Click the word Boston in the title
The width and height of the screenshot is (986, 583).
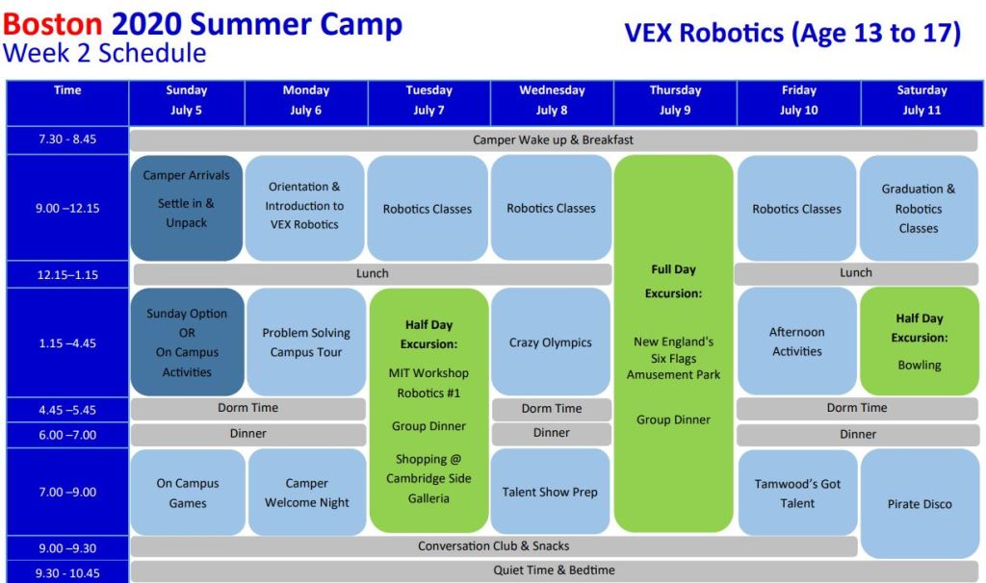coord(53,24)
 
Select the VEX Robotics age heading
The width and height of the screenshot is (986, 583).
coord(792,33)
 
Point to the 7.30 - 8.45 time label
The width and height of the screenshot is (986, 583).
coord(67,139)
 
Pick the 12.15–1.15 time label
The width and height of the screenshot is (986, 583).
coord(67,274)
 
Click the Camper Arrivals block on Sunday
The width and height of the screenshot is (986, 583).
coord(186,208)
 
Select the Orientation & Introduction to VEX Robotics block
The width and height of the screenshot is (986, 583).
coord(304,208)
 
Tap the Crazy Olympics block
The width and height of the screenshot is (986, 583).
coord(550,342)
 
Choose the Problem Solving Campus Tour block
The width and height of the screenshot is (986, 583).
coord(306,342)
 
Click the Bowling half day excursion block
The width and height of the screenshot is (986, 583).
coord(920,342)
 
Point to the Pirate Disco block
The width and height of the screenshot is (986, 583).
coord(920,503)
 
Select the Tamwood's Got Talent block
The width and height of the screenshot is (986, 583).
coord(797,493)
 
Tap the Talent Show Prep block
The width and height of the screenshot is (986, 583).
coord(550,492)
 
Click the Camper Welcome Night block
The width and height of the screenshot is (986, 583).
coord(307,492)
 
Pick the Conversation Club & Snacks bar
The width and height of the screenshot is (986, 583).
coord(494,545)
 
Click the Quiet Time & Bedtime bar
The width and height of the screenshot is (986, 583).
coord(554,570)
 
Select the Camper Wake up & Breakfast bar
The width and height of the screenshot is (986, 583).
coord(554,139)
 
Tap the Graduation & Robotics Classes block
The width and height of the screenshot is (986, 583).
coord(919,208)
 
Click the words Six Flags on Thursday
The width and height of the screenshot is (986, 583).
coord(673,359)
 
